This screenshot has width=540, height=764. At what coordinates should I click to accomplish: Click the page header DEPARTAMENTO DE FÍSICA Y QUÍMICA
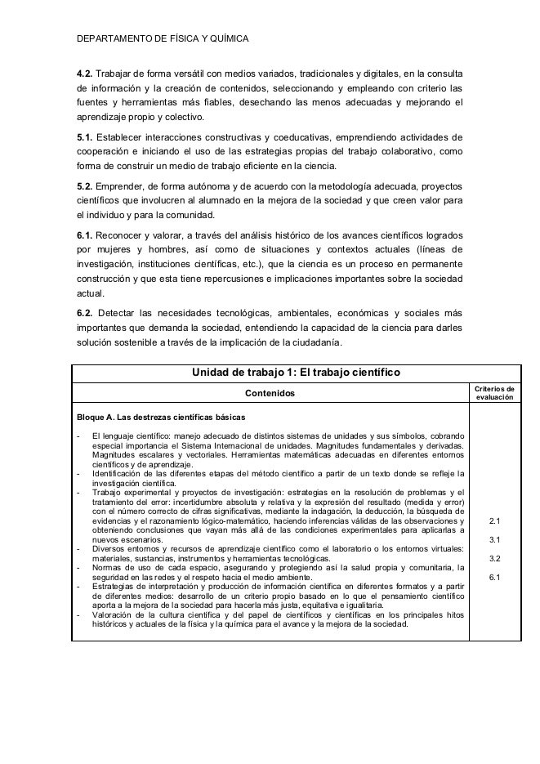(x=162, y=39)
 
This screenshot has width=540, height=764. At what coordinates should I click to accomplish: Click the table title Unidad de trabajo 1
(x=295, y=373)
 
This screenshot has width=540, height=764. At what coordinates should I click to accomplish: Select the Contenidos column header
(x=271, y=395)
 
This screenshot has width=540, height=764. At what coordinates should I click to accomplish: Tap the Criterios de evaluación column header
(x=494, y=393)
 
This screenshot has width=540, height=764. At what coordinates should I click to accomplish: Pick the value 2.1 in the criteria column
(x=494, y=520)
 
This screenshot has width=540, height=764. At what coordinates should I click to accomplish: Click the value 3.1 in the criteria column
(x=494, y=539)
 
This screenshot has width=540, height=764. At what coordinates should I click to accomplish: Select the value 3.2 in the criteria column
(x=494, y=559)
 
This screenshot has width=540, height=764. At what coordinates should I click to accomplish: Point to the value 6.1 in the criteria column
(x=494, y=579)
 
